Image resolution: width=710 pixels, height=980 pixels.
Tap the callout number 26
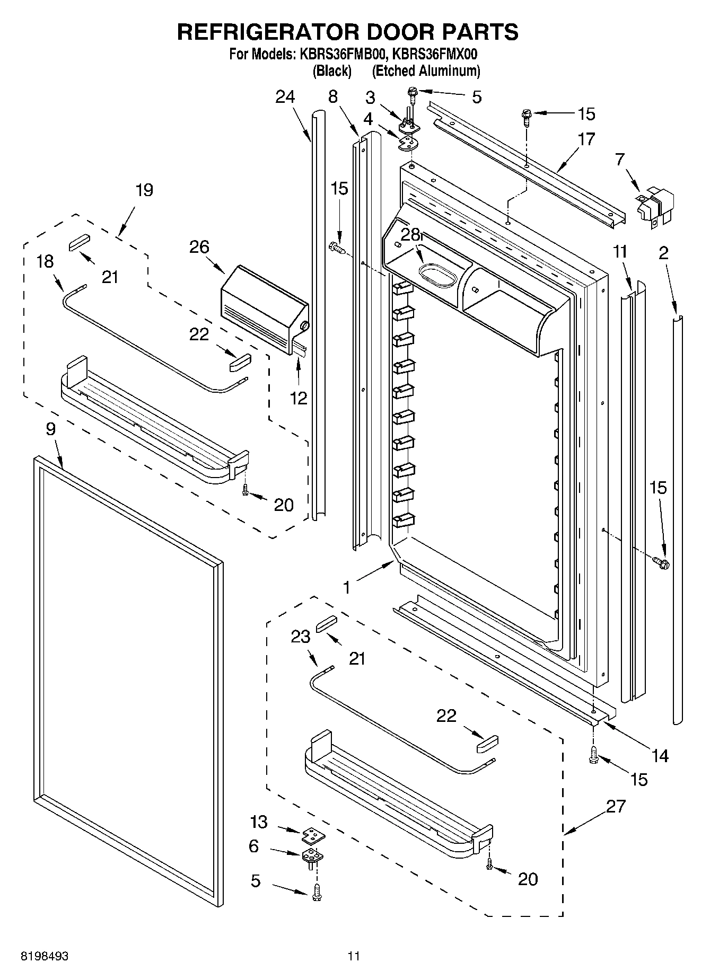pos(199,247)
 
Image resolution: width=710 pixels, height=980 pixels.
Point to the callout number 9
pos(50,429)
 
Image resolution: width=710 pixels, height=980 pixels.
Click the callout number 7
pos(620,158)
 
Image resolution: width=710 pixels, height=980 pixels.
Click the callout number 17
pos(586,139)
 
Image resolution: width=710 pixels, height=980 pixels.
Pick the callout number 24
pos(285,97)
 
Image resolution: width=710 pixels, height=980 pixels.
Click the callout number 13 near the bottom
pos(259,822)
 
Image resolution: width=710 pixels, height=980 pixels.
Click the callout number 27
pos(616,807)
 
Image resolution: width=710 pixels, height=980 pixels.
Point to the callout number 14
pos(660,756)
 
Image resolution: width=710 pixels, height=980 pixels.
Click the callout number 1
pos(346,587)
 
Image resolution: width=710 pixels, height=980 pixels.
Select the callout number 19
pos(144,190)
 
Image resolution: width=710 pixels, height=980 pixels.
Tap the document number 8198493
pos(45,957)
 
